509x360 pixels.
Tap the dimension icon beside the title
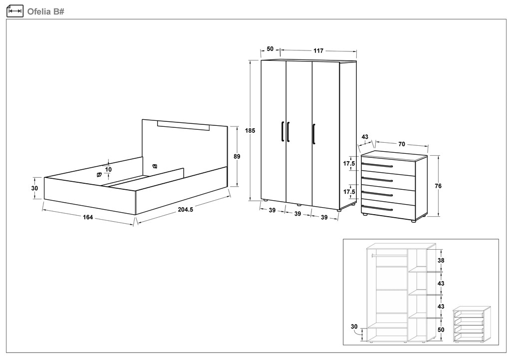(x=15, y=10)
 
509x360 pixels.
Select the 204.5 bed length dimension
(x=185, y=210)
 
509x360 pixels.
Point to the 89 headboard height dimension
(x=237, y=156)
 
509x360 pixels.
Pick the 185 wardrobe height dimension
(x=251, y=131)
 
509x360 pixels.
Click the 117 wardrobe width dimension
(x=319, y=50)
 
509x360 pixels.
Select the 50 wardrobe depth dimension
(x=270, y=49)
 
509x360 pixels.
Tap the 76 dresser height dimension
(x=438, y=186)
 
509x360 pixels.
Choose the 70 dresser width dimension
(x=402, y=144)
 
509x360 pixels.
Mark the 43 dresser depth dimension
(x=365, y=137)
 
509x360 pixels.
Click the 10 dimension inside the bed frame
(x=108, y=169)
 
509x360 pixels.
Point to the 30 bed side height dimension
(x=34, y=188)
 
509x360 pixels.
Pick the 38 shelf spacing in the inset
(x=441, y=261)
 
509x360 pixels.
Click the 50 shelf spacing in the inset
(x=441, y=330)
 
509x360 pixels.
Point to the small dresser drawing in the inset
(x=471, y=325)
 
